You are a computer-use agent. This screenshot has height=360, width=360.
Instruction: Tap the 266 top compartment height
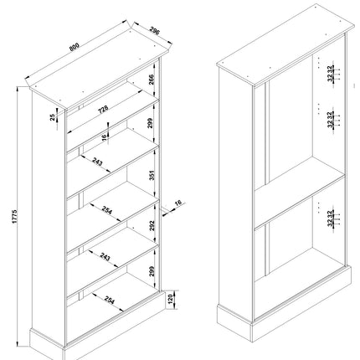(x=150, y=80)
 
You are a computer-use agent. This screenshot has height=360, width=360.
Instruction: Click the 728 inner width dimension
(x=105, y=110)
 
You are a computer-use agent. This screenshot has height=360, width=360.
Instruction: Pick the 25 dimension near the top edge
(x=52, y=119)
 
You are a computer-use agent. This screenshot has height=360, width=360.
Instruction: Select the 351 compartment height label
(x=152, y=175)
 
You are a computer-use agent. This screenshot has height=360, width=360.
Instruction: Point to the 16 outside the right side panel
(x=178, y=203)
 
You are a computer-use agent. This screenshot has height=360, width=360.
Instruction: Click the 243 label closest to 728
(x=100, y=162)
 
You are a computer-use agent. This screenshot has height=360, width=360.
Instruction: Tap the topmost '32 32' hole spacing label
(x=332, y=74)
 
